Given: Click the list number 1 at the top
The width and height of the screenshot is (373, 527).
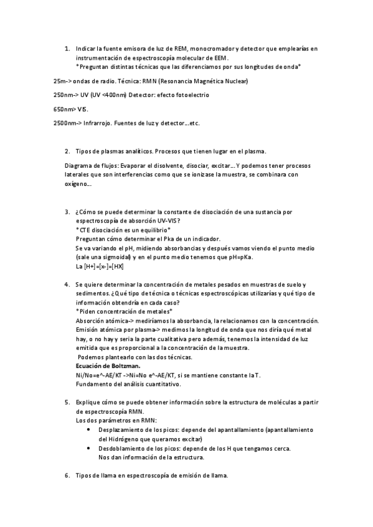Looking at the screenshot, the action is (x=67, y=48).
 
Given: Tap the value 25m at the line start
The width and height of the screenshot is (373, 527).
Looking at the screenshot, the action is (x=60, y=81).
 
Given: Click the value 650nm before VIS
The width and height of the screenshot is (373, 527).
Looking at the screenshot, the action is (x=62, y=109).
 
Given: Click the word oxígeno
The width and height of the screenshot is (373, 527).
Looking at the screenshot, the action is (x=77, y=184).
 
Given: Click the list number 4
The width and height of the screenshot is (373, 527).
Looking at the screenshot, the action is (x=67, y=284).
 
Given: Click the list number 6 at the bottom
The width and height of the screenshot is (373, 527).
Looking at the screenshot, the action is (x=67, y=475).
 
